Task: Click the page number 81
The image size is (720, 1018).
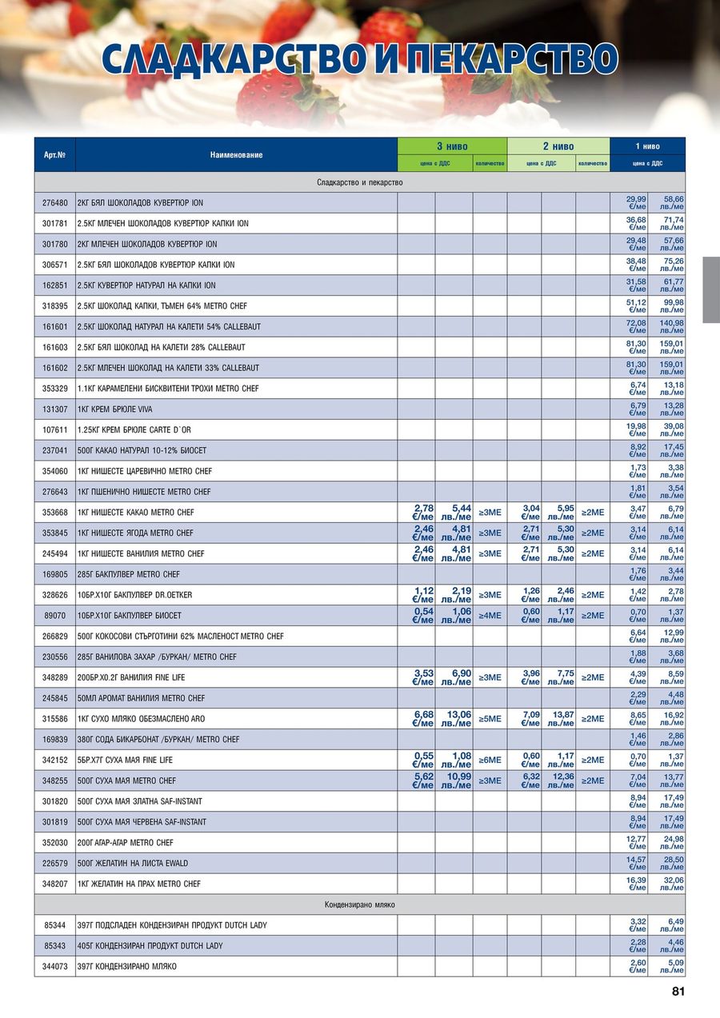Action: (678, 992)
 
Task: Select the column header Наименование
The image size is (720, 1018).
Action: (236, 154)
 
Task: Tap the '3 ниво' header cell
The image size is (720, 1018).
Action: (452, 146)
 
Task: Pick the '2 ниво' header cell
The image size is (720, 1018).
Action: (558, 146)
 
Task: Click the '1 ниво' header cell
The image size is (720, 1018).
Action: (647, 146)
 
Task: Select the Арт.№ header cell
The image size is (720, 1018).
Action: (54, 154)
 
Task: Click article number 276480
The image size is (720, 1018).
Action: (54, 203)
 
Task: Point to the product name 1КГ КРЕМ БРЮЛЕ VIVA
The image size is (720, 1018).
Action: (114, 409)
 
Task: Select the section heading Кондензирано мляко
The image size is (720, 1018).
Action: (359, 904)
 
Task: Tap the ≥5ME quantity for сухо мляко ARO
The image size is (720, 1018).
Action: (490, 719)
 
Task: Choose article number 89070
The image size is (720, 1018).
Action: (54, 616)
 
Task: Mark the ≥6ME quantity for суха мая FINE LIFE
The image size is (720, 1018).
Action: (490, 760)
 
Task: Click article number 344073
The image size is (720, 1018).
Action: (54, 967)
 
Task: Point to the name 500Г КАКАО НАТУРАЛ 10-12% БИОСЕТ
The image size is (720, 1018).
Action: (142, 450)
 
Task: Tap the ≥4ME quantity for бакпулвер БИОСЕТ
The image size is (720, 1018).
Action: (490, 616)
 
